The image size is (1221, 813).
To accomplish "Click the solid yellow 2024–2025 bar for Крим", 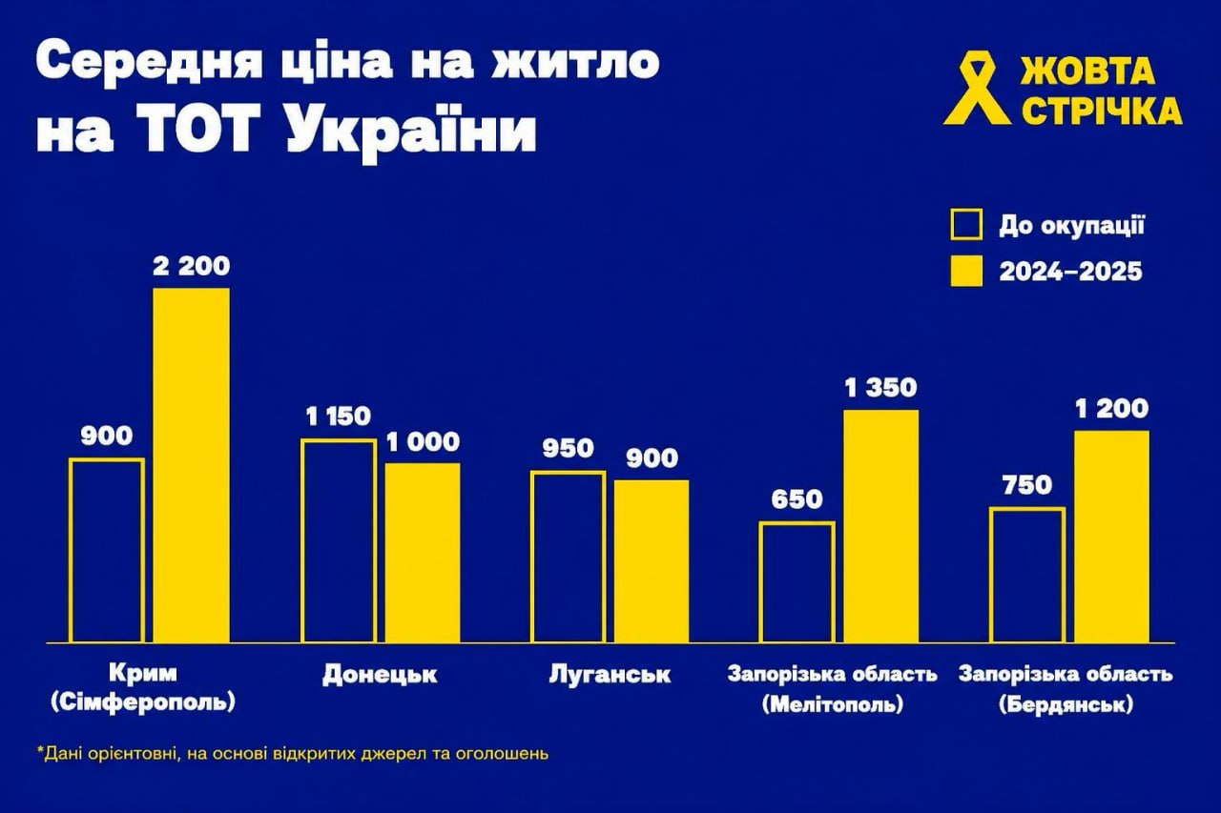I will tap(191, 465).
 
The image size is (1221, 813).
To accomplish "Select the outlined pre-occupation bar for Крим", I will tap(107, 551).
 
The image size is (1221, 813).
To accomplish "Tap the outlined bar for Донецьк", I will tap(339, 541).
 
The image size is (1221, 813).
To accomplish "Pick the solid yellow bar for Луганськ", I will tap(651, 561).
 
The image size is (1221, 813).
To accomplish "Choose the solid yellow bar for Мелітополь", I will tap(880, 526).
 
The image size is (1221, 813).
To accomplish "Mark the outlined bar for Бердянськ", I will tap(1027, 576).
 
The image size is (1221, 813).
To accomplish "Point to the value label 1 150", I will tap(338, 417).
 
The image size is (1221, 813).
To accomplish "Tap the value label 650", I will tap(797, 498).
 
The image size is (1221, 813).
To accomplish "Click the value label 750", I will tap(1026, 485).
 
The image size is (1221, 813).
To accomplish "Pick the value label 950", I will tap(568, 448).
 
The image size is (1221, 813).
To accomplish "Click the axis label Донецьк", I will tap(380, 675).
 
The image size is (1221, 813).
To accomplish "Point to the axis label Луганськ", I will tap(610, 675).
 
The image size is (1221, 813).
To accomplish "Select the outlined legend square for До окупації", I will tap(966, 226).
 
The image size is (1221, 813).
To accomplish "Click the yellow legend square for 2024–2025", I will tap(966, 272).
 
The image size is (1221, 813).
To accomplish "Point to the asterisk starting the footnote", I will tap(41, 752).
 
